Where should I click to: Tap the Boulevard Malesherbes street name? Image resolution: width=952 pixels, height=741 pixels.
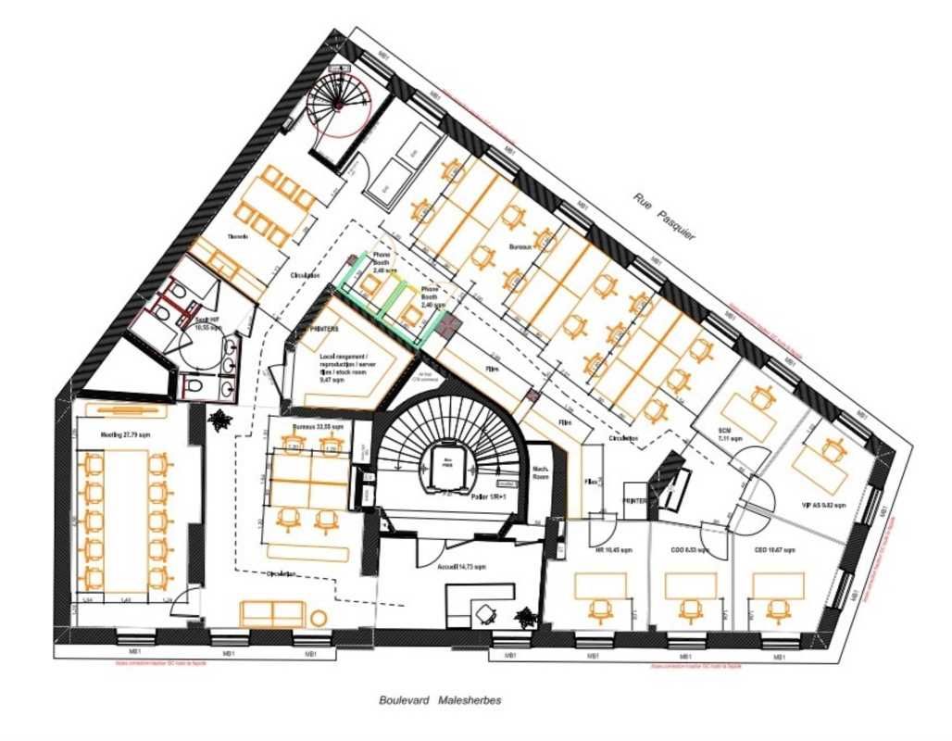pos(440,700)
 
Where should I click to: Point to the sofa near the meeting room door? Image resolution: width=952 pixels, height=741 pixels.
pos(271,613)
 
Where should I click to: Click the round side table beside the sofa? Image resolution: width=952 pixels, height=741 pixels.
pos(319,618)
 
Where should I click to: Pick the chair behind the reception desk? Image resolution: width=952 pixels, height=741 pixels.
pos(485,612)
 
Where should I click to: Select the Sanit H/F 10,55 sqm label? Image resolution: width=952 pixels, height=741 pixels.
pos(206,324)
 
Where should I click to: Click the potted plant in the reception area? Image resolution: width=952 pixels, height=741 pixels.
pos(527,617)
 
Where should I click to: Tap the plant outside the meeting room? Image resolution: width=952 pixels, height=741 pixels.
pos(219,421)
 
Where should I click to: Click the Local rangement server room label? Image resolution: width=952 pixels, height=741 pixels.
pos(347,367)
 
